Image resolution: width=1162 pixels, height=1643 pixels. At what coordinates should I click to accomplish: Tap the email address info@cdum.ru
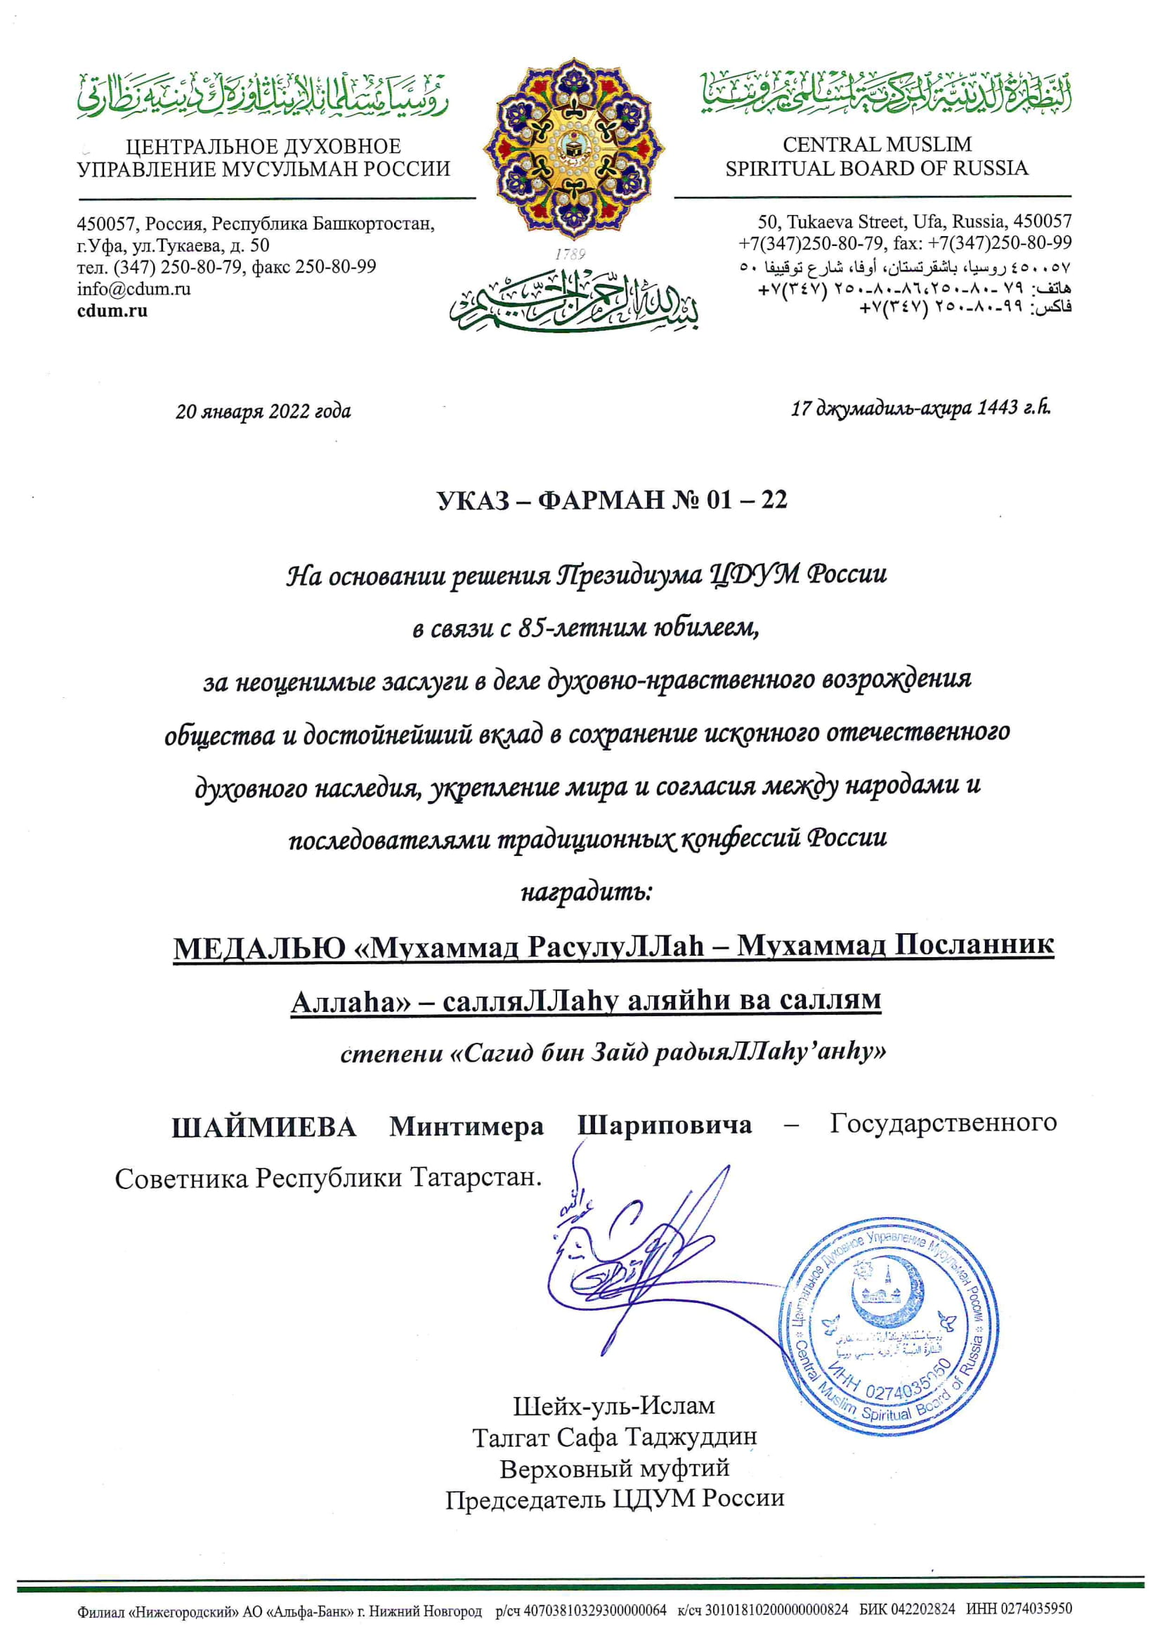point(133,289)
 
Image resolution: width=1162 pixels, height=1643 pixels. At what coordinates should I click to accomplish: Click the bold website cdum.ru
point(112,311)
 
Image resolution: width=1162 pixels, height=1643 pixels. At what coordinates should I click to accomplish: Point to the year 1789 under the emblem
point(570,254)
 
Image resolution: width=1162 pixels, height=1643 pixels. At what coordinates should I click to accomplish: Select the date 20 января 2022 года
point(263,413)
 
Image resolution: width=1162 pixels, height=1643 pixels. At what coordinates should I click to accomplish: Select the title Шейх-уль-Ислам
point(614,1406)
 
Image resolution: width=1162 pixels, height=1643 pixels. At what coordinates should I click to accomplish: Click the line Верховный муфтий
point(614,1469)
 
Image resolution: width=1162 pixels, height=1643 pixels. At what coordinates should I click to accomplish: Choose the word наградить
point(585,893)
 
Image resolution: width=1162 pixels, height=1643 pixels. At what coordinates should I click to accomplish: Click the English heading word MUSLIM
point(927,145)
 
